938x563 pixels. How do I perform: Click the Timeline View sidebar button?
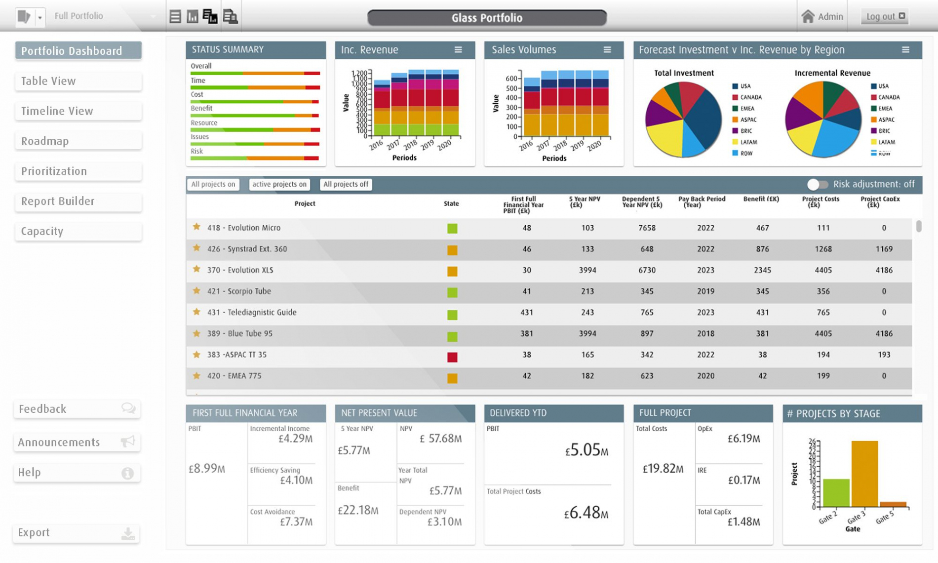(x=78, y=111)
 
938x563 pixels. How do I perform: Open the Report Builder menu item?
(x=78, y=201)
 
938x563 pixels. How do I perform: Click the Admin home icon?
(x=808, y=16)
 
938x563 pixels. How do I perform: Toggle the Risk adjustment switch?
(x=817, y=184)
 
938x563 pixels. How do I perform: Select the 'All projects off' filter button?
(x=346, y=184)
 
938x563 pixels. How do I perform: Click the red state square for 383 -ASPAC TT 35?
(x=452, y=357)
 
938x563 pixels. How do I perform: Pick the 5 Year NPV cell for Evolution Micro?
(x=587, y=228)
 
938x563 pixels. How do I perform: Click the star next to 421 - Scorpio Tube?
(x=196, y=291)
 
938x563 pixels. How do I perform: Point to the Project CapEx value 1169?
(x=884, y=249)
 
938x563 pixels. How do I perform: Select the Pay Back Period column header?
(x=702, y=201)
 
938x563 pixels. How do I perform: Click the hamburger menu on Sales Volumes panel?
(x=607, y=50)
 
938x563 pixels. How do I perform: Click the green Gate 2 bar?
(x=836, y=492)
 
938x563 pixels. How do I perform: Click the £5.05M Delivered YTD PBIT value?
(x=586, y=450)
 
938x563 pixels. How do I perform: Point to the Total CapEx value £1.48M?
(x=743, y=522)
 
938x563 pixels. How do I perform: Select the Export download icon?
(x=128, y=533)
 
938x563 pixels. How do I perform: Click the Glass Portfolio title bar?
(x=487, y=18)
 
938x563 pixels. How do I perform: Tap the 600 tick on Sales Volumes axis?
(x=511, y=79)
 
